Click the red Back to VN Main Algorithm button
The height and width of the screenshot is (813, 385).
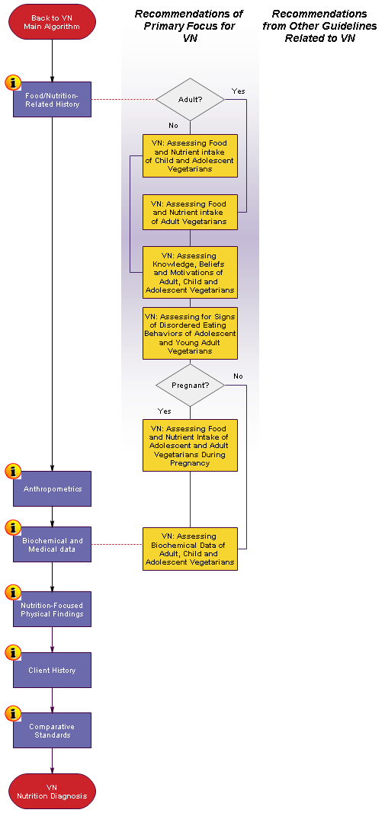pos(52,22)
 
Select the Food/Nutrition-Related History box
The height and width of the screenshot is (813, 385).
pos(52,99)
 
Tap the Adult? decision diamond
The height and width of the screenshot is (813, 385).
pos(190,100)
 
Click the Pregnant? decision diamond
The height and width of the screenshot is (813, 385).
pos(190,386)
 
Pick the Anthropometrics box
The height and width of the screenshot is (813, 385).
pos(52,488)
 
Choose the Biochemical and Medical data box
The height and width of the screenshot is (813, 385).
pos(52,545)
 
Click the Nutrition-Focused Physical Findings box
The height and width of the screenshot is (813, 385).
pos(52,610)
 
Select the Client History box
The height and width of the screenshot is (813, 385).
pos(52,670)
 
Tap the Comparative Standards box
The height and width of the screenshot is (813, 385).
pos(52,730)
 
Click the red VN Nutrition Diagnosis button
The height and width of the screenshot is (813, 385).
pos(52,791)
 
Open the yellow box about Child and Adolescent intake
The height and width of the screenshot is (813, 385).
pos(190,155)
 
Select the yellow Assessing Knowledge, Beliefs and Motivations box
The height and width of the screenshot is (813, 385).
pos(190,272)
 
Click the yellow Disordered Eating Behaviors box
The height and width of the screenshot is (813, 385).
pos(190,334)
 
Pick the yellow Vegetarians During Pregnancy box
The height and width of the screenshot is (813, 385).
pos(190,446)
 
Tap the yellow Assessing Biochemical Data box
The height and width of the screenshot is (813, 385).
pos(190,549)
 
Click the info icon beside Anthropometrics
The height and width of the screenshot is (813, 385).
pos(12,472)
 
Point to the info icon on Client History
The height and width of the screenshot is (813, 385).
pos(12,653)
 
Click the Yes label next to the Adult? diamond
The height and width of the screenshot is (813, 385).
pos(238,91)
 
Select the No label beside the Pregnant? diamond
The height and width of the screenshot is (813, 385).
pos(238,376)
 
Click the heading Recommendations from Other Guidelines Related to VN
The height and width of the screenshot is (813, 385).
pos(319,26)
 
